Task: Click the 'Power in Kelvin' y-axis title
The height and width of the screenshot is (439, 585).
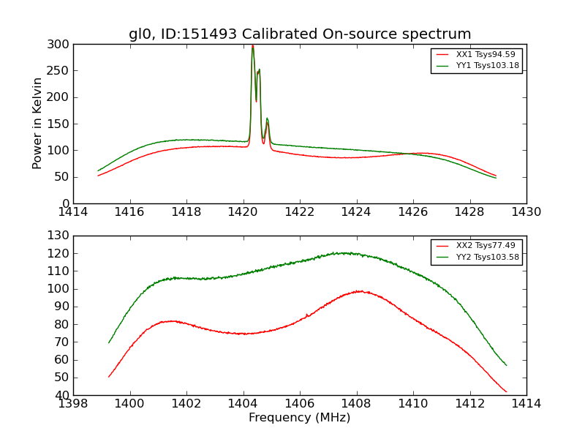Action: point(37,124)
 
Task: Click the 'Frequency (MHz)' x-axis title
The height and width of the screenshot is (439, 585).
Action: point(300,418)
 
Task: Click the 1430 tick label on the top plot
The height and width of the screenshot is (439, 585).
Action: point(526,212)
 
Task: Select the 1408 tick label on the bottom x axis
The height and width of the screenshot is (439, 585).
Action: point(356,404)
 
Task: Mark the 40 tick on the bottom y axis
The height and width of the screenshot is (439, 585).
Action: point(63,395)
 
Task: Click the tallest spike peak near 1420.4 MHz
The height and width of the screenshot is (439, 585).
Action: point(252,47)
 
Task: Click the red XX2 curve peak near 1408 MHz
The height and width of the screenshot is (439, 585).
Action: point(359,291)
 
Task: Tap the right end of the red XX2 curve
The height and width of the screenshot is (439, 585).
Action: point(506,391)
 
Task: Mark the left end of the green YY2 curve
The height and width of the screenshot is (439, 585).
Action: point(109,342)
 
